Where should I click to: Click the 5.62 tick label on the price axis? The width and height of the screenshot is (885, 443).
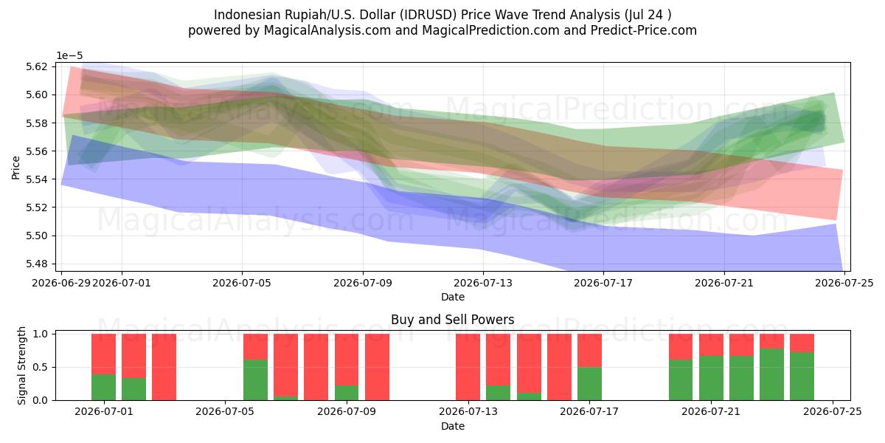pyautogui.click(x=36, y=66)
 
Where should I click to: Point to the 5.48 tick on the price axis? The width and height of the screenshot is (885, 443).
pyautogui.click(x=36, y=264)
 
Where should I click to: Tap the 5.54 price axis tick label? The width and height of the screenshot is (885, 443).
pyautogui.click(x=36, y=179)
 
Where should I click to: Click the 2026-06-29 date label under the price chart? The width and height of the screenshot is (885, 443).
pyautogui.click(x=61, y=284)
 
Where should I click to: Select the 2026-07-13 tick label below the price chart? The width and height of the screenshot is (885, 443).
pyautogui.click(x=483, y=284)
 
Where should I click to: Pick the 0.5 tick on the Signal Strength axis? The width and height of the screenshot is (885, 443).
pyautogui.click(x=40, y=367)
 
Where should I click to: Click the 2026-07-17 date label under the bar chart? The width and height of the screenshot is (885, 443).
pyautogui.click(x=589, y=411)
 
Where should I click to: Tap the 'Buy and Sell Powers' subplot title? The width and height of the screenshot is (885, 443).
pyautogui.click(x=452, y=320)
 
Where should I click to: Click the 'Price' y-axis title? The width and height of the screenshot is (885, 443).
pyautogui.click(x=15, y=168)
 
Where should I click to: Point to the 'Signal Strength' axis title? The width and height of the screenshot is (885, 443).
pyautogui.click(x=21, y=366)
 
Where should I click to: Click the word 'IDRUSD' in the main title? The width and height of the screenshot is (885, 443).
pyautogui.click(x=428, y=15)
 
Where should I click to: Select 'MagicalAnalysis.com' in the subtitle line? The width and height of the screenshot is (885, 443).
pyautogui.click(x=327, y=30)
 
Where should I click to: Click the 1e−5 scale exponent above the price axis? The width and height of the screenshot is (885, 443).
pyautogui.click(x=69, y=56)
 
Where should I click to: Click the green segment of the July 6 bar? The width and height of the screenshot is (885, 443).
pyautogui.click(x=255, y=380)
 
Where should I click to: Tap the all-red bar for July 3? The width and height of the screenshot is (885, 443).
pyautogui.click(x=164, y=367)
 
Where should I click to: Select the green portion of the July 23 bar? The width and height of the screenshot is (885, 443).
pyautogui.click(x=771, y=374)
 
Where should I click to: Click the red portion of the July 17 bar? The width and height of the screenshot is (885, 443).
pyautogui.click(x=589, y=351)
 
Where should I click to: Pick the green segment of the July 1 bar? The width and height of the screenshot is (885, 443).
pyautogui.click(x=103, y=387)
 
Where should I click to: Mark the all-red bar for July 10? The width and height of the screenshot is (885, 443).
pyautogui.click(x=377, y=367)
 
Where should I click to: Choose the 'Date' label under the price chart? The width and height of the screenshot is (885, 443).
pyautogui.click(x=452, y=297)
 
